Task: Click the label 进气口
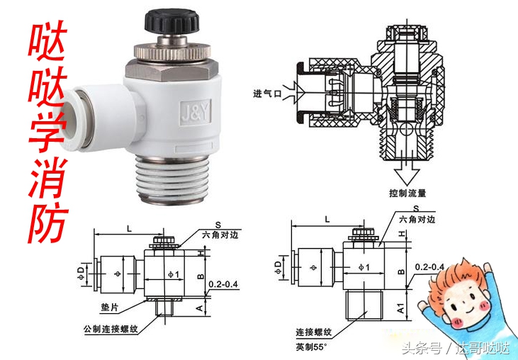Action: (268, 93)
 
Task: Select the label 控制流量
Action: (407, 193)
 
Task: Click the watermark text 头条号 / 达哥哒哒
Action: (455, 349)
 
